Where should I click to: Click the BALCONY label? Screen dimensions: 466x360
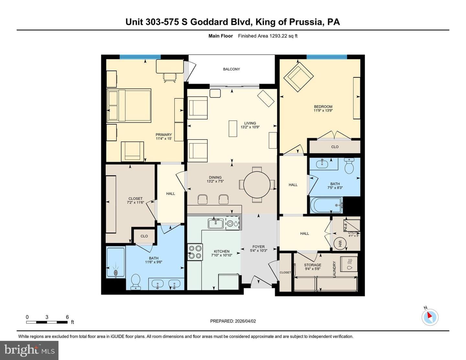[231, 69]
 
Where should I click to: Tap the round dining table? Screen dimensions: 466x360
[257, 185]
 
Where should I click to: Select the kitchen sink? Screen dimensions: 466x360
[216, 224]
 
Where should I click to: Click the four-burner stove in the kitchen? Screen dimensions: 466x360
[195, 252]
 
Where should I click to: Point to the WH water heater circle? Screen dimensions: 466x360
[340, 244]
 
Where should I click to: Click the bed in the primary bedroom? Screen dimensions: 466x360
[129, 106]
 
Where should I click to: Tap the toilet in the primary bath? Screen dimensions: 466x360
[136, 282]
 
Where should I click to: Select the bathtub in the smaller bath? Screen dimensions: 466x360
[326, 205]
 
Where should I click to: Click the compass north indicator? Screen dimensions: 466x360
[430, 317]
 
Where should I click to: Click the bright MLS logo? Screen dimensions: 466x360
[29, 351]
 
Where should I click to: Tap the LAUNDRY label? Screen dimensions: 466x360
[334, 269]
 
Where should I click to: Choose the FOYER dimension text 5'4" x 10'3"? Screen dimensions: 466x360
[259, 251]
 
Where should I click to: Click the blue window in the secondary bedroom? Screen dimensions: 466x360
[327, 57]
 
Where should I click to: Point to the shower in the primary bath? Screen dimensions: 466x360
[116, 263]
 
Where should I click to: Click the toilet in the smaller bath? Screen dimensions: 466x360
[349, 166]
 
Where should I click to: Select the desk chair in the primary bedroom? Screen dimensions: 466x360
[170, 78]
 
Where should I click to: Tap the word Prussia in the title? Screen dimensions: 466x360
[306, 22]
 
